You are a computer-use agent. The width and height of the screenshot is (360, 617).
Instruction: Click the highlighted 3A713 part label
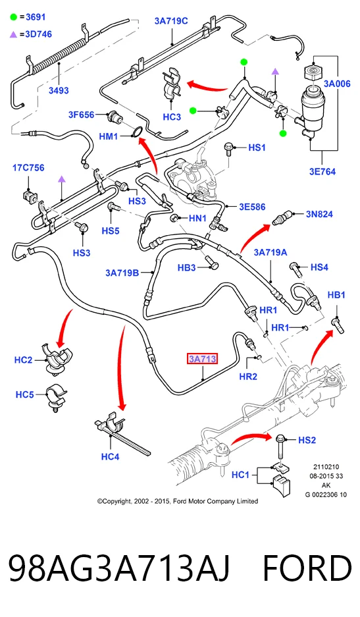(x=202, y=359)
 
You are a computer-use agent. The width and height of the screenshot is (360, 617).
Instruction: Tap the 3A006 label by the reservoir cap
(x=337, y=84)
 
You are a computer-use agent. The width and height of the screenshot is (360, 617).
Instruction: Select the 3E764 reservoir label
(x=322, y=172)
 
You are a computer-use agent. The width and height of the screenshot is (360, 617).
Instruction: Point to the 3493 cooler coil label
(x=59, y=90)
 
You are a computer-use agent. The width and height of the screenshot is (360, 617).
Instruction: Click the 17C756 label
(x=28, y=168)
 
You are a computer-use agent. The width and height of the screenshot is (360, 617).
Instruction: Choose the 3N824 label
(x=319, y=214)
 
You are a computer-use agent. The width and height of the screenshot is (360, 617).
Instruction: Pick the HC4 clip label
(x=110, y=456)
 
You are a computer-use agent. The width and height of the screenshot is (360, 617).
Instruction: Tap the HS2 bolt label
(x=307, y=440)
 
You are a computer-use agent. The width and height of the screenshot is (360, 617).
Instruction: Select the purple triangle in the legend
(x=13, y=35)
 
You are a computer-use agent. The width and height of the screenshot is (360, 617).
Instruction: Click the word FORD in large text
(x=307, y=568)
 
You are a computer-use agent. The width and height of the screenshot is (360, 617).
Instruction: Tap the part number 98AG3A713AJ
(x=119, y=568)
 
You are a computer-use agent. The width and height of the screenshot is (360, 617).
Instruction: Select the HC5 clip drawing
(x=56, y=398)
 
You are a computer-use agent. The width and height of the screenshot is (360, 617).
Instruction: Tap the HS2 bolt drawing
(x=280, y=447)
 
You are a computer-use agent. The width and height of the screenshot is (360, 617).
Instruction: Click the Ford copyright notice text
(x=178, y=501)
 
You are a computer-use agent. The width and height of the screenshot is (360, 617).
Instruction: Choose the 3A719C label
(x=170, y=21)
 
